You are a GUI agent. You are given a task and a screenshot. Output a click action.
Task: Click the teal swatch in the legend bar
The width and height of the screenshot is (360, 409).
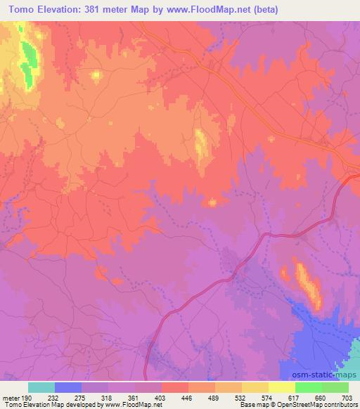tap(41, 387)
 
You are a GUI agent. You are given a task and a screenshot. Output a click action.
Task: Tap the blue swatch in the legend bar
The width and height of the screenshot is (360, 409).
tap(68, 387)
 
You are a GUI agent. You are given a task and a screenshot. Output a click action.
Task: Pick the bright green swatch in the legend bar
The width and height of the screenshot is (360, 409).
tap(309, 387)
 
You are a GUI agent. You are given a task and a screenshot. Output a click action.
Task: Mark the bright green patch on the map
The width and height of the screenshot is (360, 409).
tap(29, 64)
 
